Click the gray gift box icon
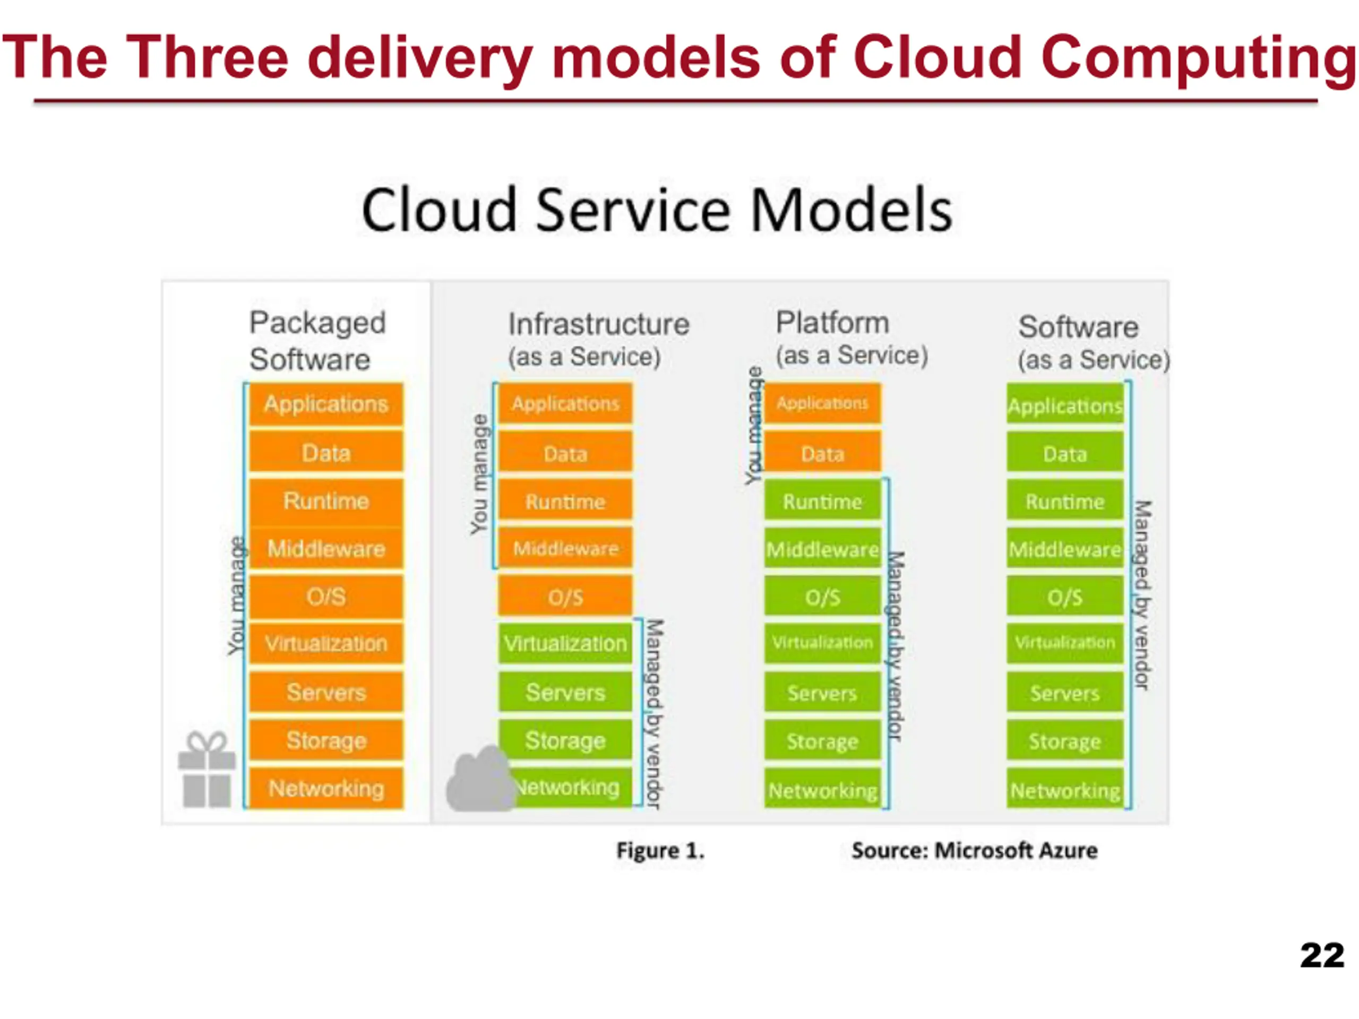207,769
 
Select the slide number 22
1322,955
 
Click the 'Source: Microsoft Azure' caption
975,851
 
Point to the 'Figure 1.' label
660,851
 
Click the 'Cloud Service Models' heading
657,210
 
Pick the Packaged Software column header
317,340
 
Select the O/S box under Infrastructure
565,596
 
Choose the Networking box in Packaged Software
326,788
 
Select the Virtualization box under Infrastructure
565,643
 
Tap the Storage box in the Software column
1065,740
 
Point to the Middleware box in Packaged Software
326,548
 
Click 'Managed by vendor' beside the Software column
1142,595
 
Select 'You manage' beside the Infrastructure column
479,474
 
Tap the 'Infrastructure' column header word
599,324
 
